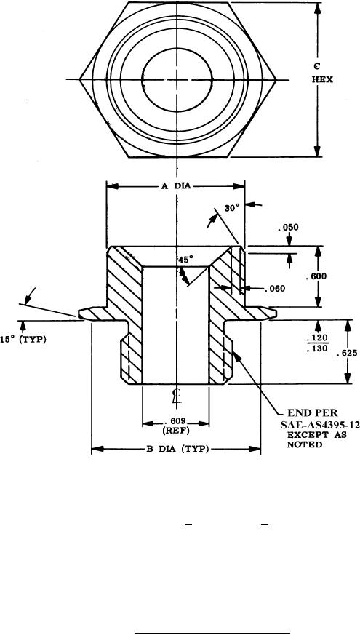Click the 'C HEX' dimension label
tap(322, 73)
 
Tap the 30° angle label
tap(233, 208)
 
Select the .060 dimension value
tap(275, 289)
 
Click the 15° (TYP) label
tap(23, 340)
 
